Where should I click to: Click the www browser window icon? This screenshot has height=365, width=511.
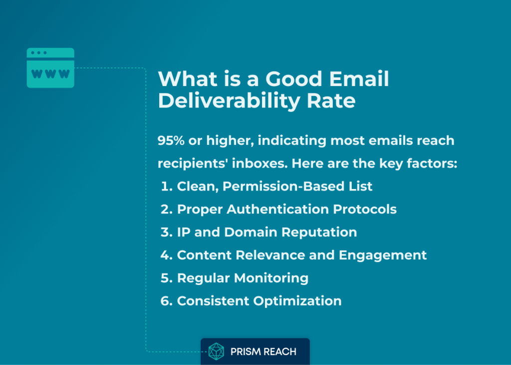point(50,68)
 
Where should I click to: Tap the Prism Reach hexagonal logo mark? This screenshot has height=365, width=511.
point(216,351)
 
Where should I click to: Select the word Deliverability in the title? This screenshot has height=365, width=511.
point(229,101)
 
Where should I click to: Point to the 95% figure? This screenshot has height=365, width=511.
point(171,140)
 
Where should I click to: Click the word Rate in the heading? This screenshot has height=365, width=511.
point(331,100)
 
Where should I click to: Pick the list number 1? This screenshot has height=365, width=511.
point(167,186)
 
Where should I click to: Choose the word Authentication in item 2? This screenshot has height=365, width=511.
point(277,209)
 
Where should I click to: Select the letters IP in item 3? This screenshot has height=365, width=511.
point(184,232)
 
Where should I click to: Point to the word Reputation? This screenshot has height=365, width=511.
point(319,232)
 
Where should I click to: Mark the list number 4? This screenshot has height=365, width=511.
point(167,255)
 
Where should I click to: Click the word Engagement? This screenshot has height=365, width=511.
point(383,255)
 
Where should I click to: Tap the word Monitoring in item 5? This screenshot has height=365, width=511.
point(271,278)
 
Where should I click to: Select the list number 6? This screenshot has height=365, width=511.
point(167,301)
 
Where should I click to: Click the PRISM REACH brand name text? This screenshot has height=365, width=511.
point(263,351)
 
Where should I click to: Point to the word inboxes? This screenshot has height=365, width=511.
point(259,163)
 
